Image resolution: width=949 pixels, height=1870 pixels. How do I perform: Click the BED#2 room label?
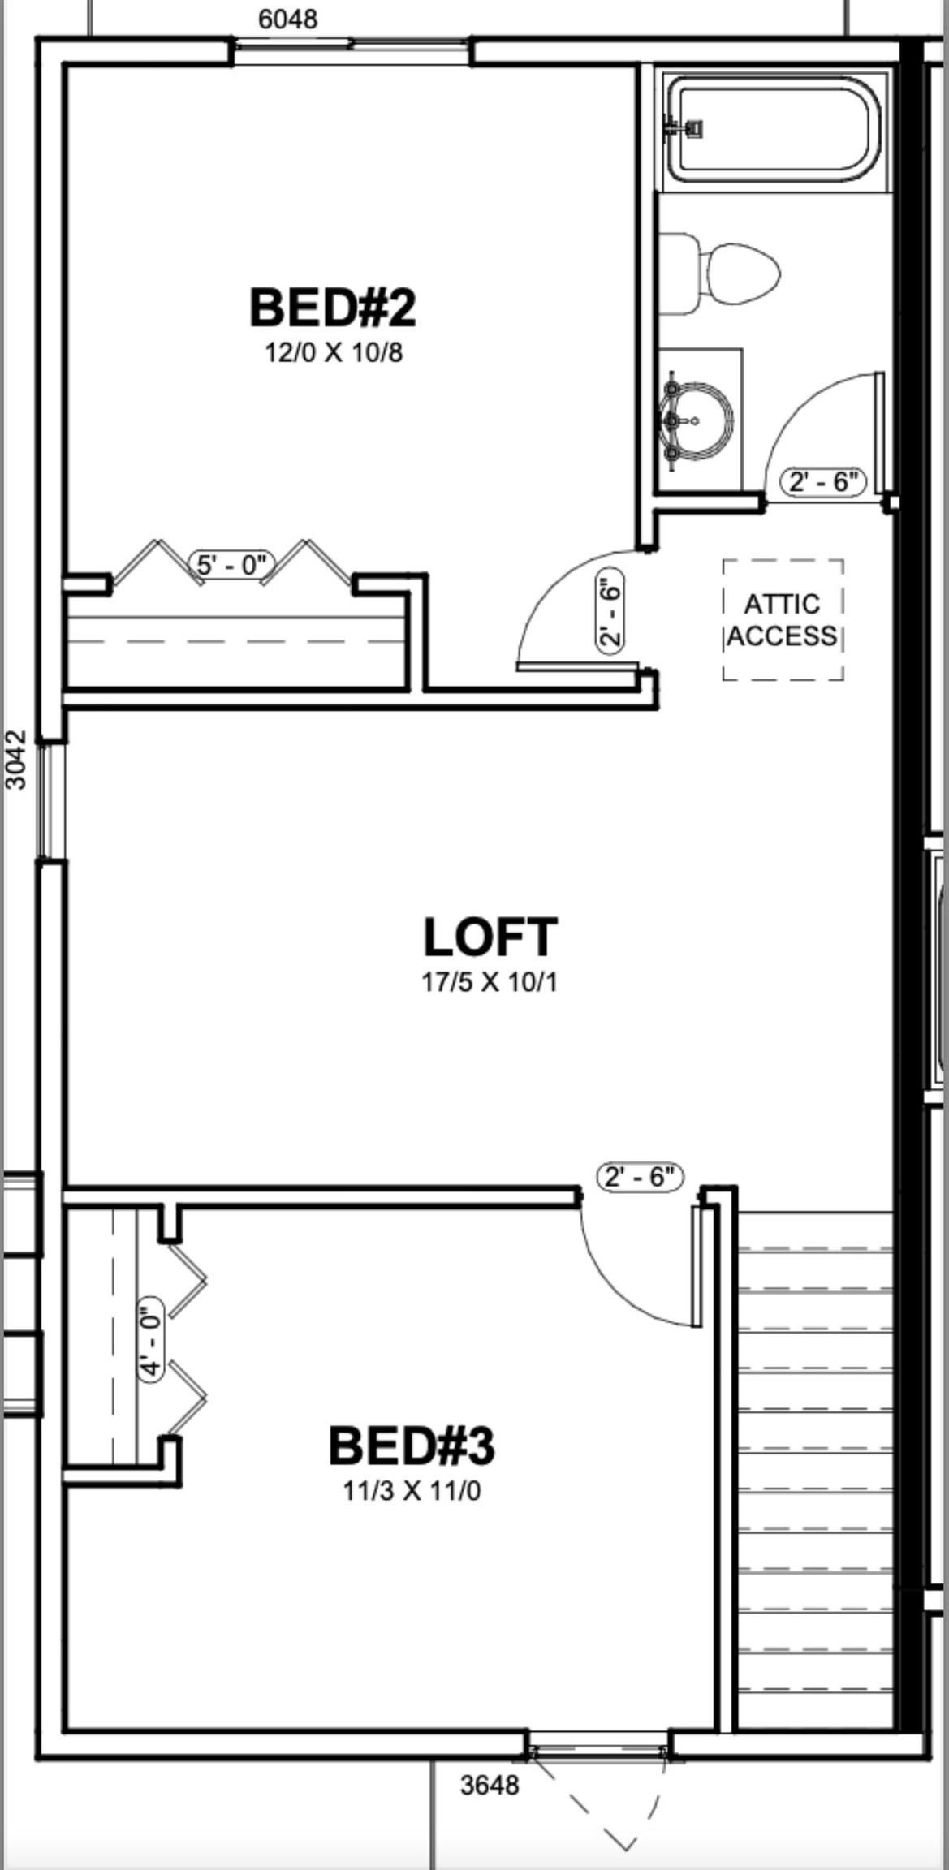332,308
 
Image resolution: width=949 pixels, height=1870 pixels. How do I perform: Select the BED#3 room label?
412,1446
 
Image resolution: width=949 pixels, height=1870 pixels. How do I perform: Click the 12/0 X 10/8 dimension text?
334,353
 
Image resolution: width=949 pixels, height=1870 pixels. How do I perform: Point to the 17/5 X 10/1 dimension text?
490,983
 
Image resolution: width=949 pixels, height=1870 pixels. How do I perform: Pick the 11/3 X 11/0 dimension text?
412,1492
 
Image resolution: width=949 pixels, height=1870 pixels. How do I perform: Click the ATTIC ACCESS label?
782,620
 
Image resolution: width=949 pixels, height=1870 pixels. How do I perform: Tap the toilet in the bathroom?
718,274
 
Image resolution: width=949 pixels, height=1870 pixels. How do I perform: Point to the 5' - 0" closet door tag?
232,563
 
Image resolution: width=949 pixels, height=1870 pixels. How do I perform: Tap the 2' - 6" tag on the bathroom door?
823,482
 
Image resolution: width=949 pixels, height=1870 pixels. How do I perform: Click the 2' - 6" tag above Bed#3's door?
640,1176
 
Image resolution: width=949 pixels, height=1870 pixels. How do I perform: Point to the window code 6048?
287,19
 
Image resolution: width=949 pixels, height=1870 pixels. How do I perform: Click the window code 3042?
16,760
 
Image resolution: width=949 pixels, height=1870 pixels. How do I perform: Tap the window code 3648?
489,1785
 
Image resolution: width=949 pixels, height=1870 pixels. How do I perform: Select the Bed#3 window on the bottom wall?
598,1747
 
